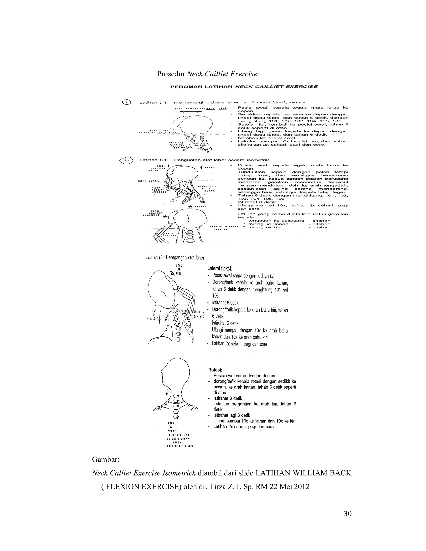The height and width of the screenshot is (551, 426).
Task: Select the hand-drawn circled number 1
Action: pyautogui.click(x=126, y=102)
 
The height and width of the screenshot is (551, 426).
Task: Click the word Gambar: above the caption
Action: pyautogui.click(x=105, y=460)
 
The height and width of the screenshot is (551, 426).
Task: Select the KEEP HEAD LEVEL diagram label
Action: pyautogui.click(x=223, y=227)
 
